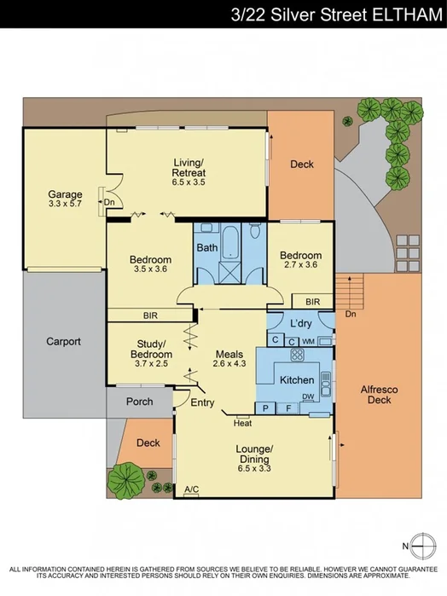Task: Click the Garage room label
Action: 65,194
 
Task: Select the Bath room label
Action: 207,248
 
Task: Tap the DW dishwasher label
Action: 307,396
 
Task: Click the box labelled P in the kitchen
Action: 266,409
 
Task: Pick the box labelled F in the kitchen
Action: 288,409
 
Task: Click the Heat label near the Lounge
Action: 243,422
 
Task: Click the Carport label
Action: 63,342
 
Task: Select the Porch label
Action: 139,402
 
